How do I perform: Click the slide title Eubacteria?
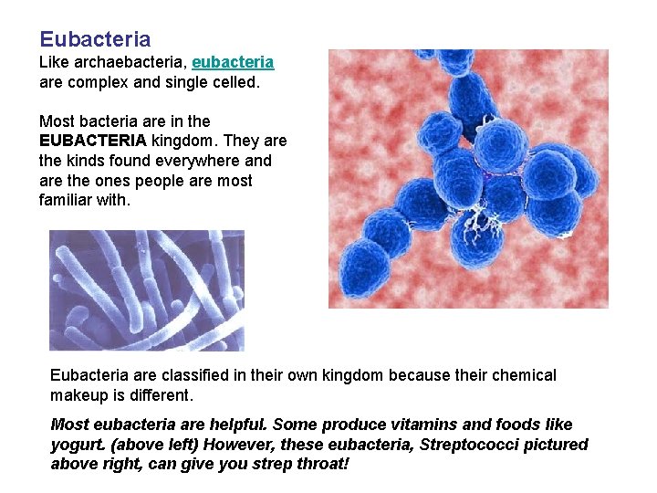pyautogui.click(x=95, y=39)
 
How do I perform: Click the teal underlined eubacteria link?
pyautogui.click(x=233, y=62)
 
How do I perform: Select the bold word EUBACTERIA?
pyautogui.click(x=92, y=141)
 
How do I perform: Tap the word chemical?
pyautogui.click(x=523, y=375)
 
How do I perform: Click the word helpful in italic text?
pyautogui.click(x=235, y=425)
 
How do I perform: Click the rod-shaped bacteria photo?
pyautogui.click(x=146, y=289)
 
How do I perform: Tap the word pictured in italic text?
pyautogui.click(x=555, y=445)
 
